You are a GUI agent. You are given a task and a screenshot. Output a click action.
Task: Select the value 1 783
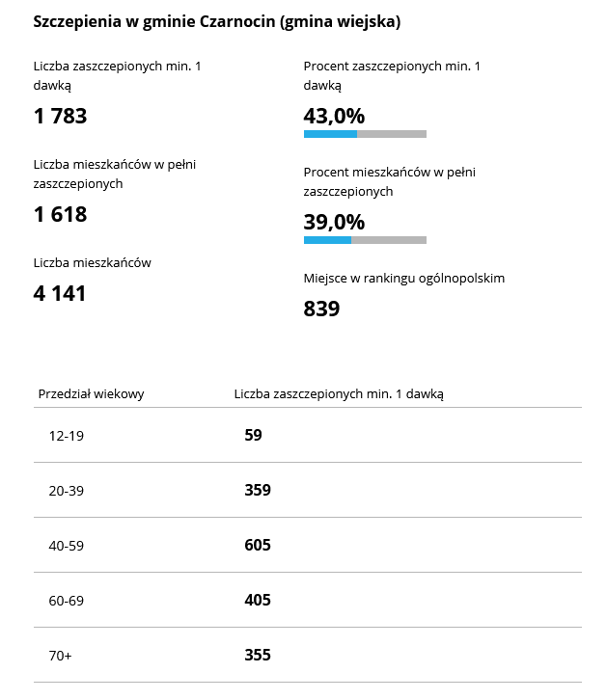pos(60,117)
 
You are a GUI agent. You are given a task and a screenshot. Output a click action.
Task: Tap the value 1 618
pos(60,214)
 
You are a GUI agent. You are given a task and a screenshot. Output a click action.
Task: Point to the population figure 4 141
pos(60,292)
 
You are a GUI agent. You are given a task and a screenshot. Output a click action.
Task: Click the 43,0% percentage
pos(334,116)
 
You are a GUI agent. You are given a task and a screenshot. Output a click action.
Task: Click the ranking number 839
pos(321,309)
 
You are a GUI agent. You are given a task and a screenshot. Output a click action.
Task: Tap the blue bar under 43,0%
pos(330,134)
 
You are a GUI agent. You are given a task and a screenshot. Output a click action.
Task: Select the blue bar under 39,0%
pos(327,239)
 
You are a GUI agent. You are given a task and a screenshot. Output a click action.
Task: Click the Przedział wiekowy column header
pos(92,393)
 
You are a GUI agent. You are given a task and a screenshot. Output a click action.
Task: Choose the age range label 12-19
pos(67,436)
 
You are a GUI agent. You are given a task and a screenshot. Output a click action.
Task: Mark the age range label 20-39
pos(67,491)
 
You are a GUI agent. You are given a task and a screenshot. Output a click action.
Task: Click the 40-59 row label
pos(67,546)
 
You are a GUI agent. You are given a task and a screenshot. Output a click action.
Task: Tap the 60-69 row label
pos(67,601)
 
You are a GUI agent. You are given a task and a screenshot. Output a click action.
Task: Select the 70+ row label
pos(61,656)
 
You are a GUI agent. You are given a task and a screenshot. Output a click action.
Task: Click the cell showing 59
pos(253,435)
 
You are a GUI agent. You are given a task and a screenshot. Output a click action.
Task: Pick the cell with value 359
pos(258,490)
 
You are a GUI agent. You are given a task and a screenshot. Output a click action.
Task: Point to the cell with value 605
pos(258,545)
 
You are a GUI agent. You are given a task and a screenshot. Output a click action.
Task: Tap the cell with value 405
pos(258,600)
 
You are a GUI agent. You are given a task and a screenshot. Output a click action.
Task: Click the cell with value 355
pos(258,655)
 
